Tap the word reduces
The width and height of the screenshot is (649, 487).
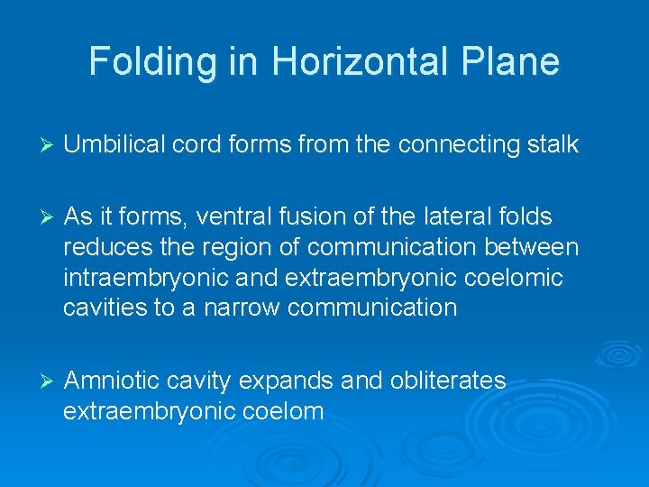(x=106, y=247)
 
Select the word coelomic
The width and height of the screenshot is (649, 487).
(x=511, y=278)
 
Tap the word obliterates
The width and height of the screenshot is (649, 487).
(x=448, y=381)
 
